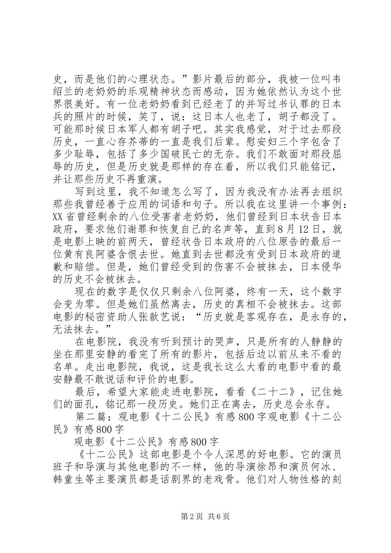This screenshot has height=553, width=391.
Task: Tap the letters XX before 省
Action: (x=60, y=216)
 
